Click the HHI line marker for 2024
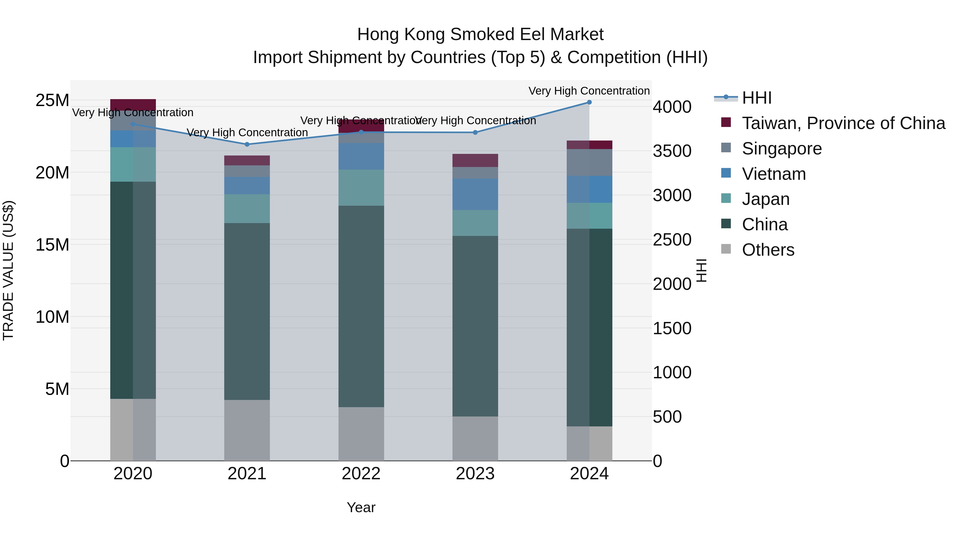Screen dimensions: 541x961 pos(589,102)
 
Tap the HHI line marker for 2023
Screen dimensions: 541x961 pos(475,133)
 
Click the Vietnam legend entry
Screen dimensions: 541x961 pos(774,174)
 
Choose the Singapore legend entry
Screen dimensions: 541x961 pos(782,149)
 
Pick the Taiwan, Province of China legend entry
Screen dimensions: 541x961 pos(843,123)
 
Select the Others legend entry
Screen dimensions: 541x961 pos(768,250)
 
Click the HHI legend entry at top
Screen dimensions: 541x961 pos(757,98)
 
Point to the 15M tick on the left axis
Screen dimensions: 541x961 pos(52,245)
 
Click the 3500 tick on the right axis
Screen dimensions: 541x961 pos(672,151)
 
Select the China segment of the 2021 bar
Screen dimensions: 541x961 pos(247,312)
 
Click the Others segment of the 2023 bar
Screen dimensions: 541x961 pos(475,439)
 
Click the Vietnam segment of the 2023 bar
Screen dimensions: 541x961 pos(475,194)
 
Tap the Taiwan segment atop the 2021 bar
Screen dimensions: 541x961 pos(247,161)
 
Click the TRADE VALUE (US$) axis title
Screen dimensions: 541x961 pos(8,270)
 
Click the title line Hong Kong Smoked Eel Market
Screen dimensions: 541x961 pos(480,34)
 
